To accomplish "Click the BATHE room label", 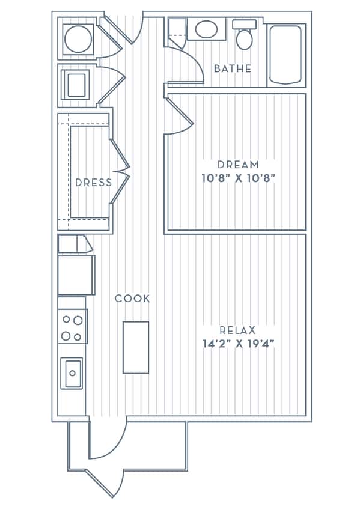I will (x=233, y=68).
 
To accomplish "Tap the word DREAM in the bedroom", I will (x=238, y=165).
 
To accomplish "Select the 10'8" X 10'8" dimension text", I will (x=238, y=178).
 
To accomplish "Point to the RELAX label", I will (x=237, y=330).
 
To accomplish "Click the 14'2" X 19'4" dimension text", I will (x=238, y=344).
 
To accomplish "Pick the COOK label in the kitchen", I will (x=132, y=299).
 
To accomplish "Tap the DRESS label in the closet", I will (x=93, y=183).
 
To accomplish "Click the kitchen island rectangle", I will (x=136, y=347).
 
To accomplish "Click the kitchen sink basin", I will (x=72, y=373).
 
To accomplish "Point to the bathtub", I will (x=285, y=54).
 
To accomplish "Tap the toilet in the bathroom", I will (x=244, y=36).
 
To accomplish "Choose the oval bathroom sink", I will (x=207, y=29).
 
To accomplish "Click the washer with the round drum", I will (x=78, y=39).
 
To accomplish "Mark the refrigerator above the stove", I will (x=76, y=275).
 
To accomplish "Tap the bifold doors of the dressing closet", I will (x=120, y=171).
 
